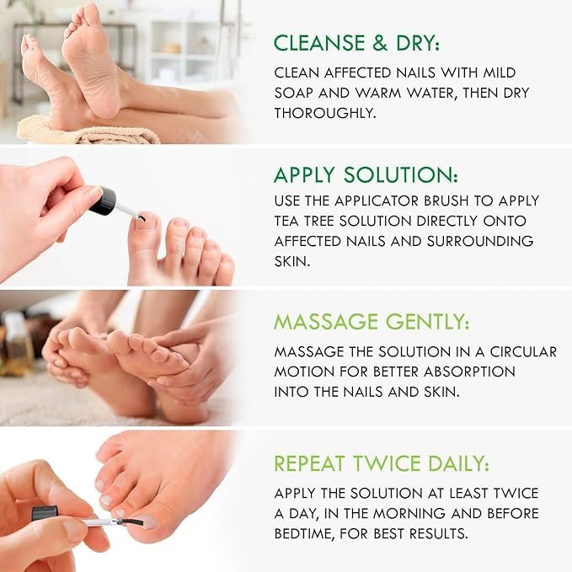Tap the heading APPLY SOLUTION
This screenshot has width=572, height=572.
tap(366, 174)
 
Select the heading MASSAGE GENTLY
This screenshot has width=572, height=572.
tap(372, 323)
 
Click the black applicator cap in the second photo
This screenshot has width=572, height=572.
tap(105, 200)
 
